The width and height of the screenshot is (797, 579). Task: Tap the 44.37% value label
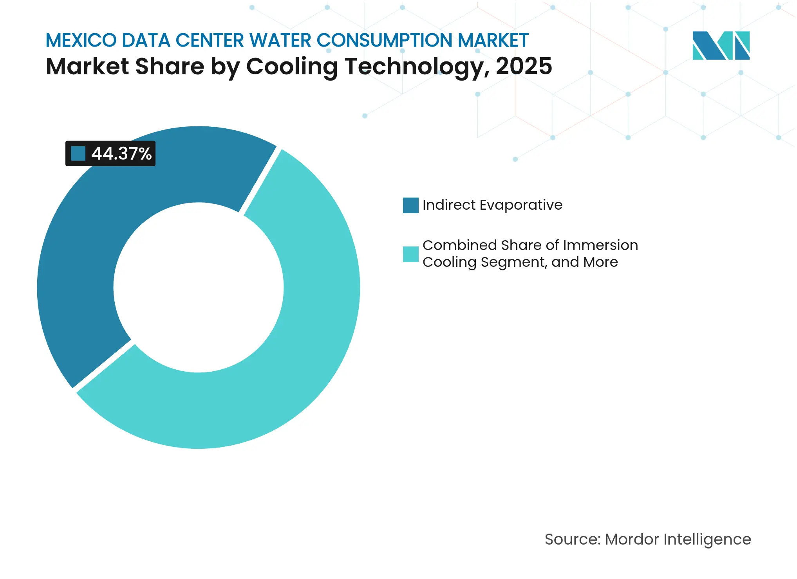pos(121,154)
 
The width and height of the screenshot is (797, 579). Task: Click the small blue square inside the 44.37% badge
pos(78,153)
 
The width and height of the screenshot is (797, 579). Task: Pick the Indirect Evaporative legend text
pos(492,205)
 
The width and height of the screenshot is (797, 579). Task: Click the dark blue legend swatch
pos(410,205)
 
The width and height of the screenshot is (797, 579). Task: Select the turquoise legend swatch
pos(410,254)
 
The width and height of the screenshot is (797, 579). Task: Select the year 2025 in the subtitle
pos(524,66)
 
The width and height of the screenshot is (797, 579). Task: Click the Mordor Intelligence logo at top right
pos(721,45)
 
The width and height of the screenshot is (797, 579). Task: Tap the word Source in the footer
pos(572,539)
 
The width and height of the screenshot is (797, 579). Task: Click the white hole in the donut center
pos(199,288)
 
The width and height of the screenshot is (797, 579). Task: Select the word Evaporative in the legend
pos(521,205)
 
